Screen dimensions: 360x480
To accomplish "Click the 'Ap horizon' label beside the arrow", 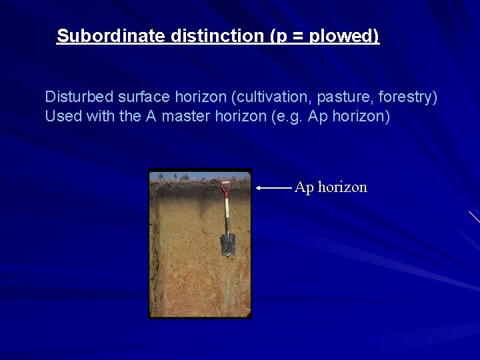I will (331, 187).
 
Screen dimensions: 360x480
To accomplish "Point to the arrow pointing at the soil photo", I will (274, 189).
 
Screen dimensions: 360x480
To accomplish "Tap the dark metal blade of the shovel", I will (228, 244).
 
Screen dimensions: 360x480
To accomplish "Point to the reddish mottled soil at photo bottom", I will (199, 293).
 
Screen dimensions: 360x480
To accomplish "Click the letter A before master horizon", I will (151, 116).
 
